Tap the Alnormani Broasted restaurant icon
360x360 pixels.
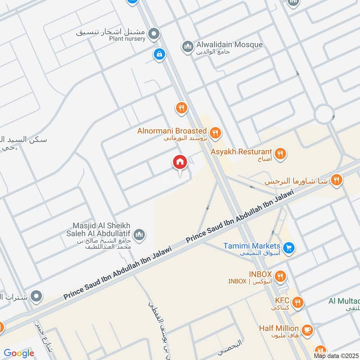216,132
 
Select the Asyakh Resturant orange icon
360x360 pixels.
280,153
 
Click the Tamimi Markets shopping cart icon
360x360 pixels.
289,247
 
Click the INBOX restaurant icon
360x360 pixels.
280,275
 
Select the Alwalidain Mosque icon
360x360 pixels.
187,46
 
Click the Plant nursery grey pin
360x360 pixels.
154,33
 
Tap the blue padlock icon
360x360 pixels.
158,54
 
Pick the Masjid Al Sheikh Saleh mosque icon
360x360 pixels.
140,234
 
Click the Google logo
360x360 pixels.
19,353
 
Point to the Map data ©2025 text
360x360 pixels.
335,355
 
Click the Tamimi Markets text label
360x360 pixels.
252,246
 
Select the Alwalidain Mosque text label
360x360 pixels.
229,45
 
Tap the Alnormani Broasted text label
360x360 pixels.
172,131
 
